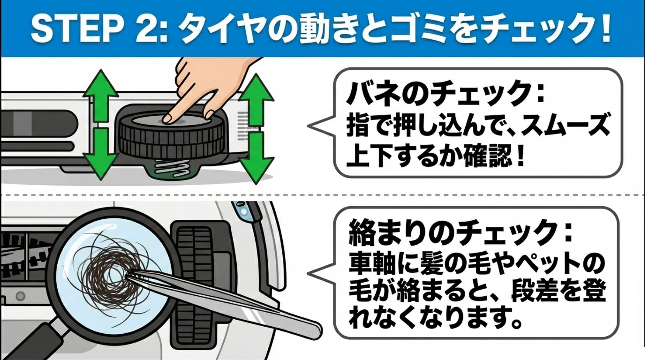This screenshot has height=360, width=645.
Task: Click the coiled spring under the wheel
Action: pyautogui.click(x=172, y=166)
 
